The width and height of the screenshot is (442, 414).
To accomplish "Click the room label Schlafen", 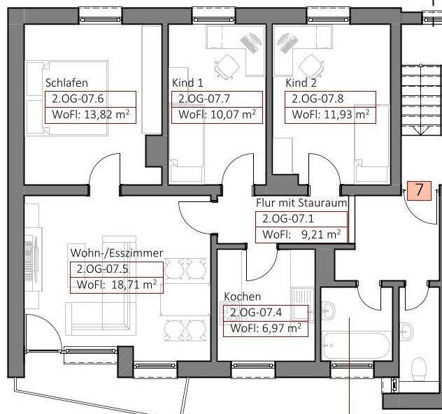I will tap(65, 83).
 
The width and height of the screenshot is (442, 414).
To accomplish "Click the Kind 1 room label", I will tap(187, 83).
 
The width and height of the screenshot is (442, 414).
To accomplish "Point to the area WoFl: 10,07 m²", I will tap(217, 115).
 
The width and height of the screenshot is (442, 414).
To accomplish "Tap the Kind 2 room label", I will tap(301, 83).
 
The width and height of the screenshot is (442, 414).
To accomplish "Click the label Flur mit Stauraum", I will tap(301, 203).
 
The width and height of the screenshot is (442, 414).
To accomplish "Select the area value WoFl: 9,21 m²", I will tap(302, 234).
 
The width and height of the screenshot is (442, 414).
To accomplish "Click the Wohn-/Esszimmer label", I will tap(116, 252).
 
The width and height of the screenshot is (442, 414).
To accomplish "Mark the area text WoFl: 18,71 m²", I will tap(116, 284).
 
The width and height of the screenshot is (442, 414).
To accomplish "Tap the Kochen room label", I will tap(243, 297).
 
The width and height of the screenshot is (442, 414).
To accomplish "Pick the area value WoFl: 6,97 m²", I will tap(265, 328).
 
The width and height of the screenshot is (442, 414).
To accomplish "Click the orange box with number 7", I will tap(419, 190).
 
